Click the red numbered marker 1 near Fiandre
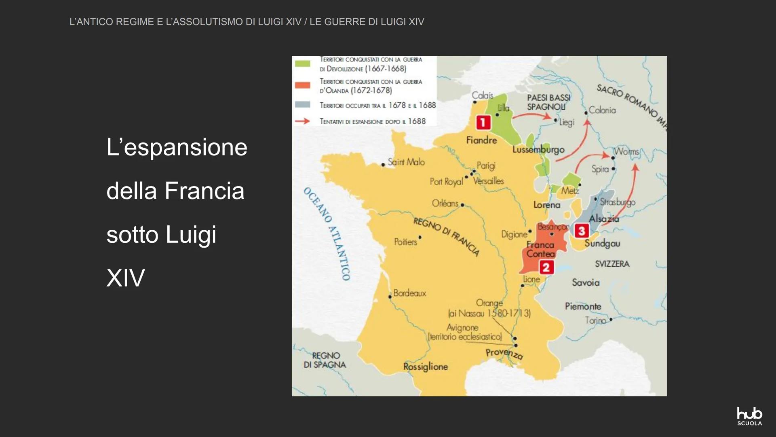click(483, 122)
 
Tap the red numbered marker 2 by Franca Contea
click(546, 267)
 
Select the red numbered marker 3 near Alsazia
click(581, 231)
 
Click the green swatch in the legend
click(302, 64)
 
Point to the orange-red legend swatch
click(302, 85)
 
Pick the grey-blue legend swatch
click(302, 105)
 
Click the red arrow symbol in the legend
click(302, 121)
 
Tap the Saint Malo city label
click(406, 162)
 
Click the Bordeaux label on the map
click(409, 293)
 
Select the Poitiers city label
click(405, 242)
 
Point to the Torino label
click(595, 320)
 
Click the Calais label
click(482, 95)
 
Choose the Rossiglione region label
click(426, 367)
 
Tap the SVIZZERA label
click(612, 264)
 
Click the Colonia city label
click(602, 110)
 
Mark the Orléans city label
click(445, 203)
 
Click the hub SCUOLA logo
click(749, 416)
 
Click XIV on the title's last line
click(125, 278)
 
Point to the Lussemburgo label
click(538, 149)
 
